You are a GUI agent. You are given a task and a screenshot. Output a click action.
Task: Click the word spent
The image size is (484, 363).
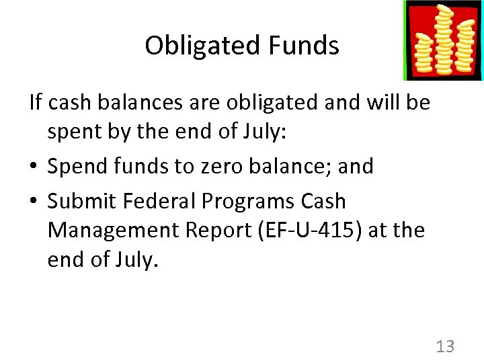(x=73, y=131)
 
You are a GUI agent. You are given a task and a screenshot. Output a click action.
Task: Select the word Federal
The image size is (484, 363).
(x=161, y=201)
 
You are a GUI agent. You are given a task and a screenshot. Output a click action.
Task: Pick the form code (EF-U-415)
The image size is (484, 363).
(x=316, y=230)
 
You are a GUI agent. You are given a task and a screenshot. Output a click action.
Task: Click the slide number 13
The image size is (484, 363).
(x=445, y=346)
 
